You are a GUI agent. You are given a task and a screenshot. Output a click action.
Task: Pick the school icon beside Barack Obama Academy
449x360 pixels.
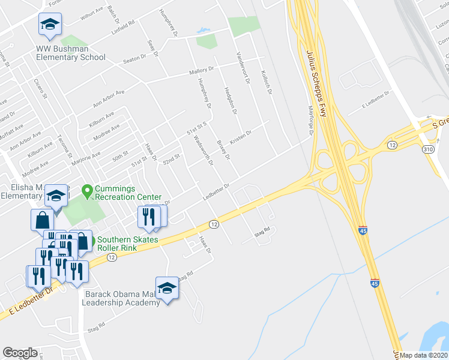(x=167, y=289)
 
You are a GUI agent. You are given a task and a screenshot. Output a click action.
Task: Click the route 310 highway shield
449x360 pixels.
(x=428, y=149)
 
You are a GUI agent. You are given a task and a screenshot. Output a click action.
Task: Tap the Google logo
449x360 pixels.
(x=20, y=353)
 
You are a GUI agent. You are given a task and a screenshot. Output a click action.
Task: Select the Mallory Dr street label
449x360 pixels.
(x=202, y=71)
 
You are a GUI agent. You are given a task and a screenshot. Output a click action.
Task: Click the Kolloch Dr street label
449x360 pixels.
(x=267, y=83)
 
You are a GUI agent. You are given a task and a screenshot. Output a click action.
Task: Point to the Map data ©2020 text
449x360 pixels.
(x=424, y=355)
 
